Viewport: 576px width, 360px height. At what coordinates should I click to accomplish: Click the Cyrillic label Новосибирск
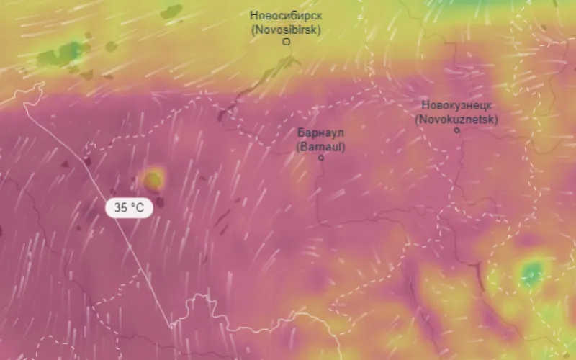(x=285, y=15)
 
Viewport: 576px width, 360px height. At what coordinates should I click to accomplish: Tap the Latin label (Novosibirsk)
(x=285, y=30)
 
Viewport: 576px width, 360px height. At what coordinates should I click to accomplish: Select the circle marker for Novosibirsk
(x=286, y=42)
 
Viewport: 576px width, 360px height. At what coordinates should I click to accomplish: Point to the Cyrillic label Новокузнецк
(x=456, y=105)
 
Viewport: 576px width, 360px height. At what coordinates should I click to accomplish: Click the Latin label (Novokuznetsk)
(x=456, y=119)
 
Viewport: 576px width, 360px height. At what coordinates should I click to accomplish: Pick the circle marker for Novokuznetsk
(x=456, y=130)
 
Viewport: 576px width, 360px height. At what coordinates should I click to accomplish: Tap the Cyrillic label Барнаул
(x=321, y=133)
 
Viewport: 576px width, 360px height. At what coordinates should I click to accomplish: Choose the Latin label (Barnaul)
(x=321, y=147)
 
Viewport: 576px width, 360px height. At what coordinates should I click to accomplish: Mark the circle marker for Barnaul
(x=321, y=158)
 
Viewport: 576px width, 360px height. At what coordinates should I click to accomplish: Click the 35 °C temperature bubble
(x=130, y=208)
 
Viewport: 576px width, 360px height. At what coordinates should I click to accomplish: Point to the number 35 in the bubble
(x=120, y=208)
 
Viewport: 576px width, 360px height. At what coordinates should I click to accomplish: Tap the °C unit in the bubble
(x=138, y=208)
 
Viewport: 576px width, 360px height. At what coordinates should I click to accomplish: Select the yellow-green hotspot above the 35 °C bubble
(x=153, y=178)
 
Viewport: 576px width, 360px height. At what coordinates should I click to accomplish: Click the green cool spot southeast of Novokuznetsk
(x=532, y=273)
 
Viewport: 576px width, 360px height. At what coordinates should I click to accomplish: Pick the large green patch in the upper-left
(x=61, y=54)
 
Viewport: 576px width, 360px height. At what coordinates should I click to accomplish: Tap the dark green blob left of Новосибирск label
(x=171, y=12)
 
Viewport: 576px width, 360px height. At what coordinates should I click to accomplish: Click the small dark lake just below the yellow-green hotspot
(x=159, y=202)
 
